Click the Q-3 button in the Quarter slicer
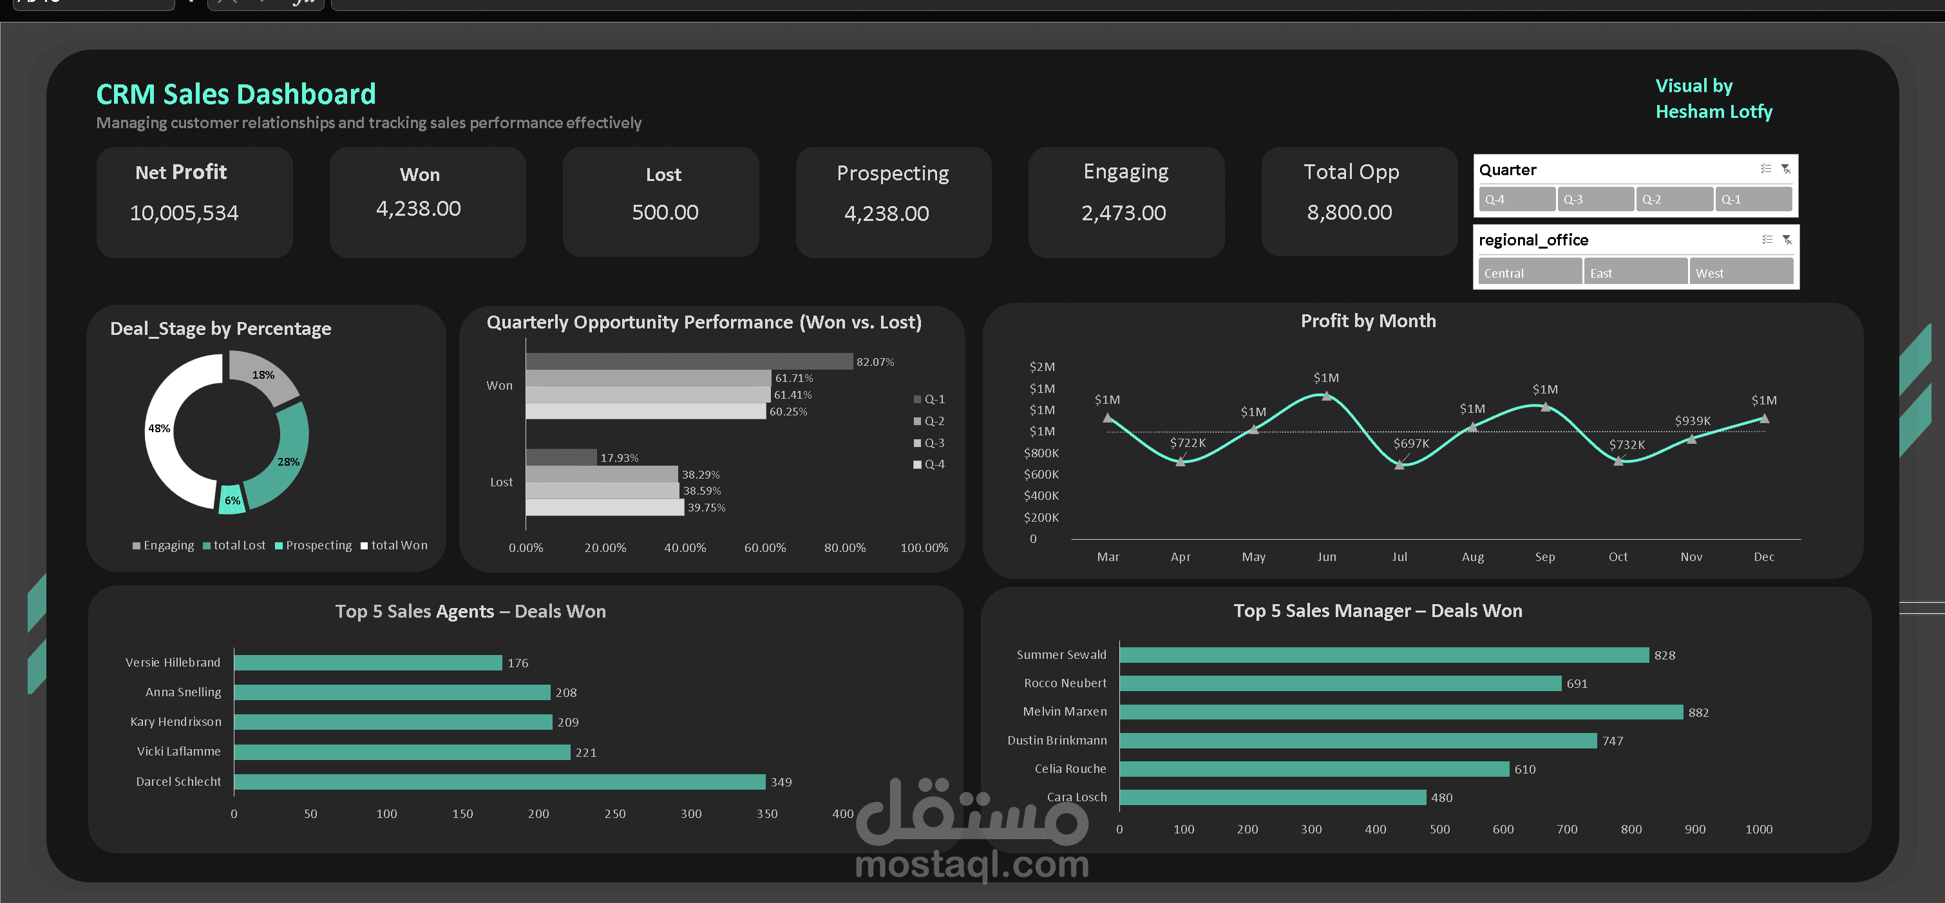[x=1595, y=199]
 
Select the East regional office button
[x=1634, y=272]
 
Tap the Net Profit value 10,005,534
[x=184, y=213]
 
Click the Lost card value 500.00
[x=665, y=212]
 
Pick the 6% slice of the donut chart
[x=232, y=500]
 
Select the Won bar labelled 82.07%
[x=688, y=362]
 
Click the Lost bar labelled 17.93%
[x=561, y=457]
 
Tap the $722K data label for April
[x=1187, y=442]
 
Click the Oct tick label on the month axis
[x=1617, y=556]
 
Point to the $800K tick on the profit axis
[x=1041, y=453]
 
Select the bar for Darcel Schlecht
[x=499, y=781]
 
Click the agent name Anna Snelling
[x=184, y=692]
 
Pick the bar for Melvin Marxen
[x=1401, y=712]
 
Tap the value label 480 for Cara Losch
[x=1441, y=797]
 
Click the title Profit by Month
[x=1367, y=321]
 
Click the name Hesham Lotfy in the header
[x=1713, y=111]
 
